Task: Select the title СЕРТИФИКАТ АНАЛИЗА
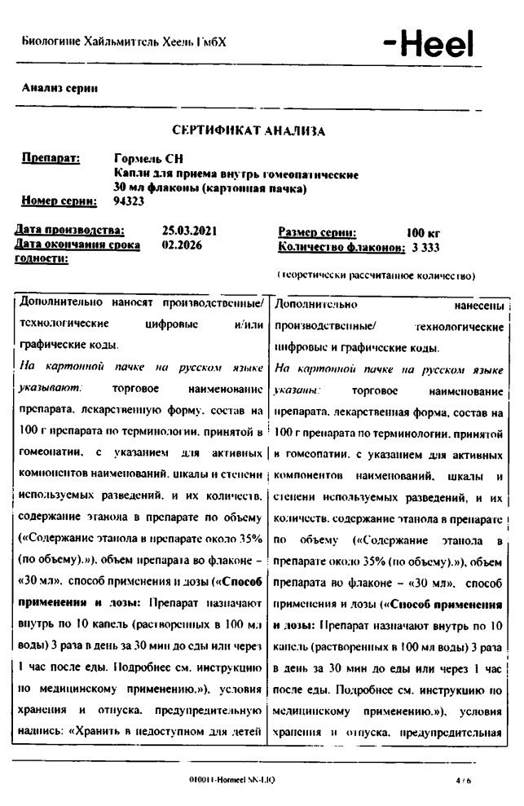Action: click(x=249, y=130)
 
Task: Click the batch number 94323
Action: click(x=128, y=200)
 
